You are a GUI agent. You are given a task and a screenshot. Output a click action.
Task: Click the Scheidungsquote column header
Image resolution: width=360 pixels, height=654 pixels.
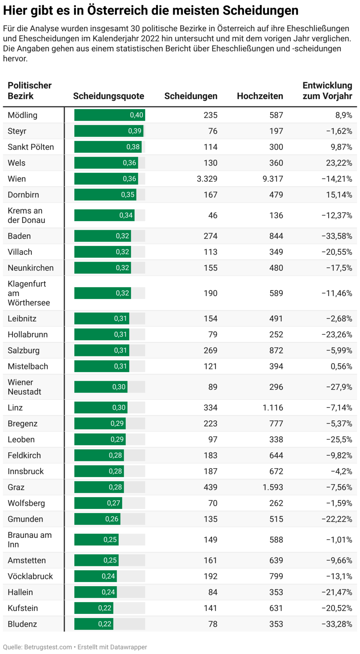pyautogui.click(x=108, y=96)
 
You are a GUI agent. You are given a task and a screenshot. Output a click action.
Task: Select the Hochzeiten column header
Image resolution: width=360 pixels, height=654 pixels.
pyautogui.click(x=260, y=96)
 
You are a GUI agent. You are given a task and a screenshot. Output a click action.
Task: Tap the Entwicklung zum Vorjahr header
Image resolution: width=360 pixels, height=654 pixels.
pyautogui.click(x=327, y=91)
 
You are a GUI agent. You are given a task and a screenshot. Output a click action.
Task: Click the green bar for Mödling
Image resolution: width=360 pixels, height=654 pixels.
pyautogui.click(x=109, y=115)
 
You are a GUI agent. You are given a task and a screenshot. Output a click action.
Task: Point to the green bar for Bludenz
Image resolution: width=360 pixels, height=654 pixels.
pyautogui.click(x=93, y=624)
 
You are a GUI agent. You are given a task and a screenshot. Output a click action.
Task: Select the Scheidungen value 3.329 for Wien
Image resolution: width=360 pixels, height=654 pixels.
pyautogui.click(x=207, y=179)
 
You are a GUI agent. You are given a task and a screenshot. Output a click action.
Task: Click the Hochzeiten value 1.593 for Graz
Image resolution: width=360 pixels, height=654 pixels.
pyautogui.click(x=273, y=487)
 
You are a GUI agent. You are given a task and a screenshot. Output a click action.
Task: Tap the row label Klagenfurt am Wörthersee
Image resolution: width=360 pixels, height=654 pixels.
pyautogui.click(x=28, y=293)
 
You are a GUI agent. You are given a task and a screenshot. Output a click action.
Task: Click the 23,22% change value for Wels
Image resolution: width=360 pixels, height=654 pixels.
pyautogui.click(x=339, y=163)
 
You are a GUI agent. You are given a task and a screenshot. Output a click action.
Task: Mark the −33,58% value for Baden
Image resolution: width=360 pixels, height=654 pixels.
pyautogui.click(x=337, y=236)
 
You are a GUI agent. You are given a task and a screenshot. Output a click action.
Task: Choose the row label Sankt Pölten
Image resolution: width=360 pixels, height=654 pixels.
pyautogui.click(x=31, y=147)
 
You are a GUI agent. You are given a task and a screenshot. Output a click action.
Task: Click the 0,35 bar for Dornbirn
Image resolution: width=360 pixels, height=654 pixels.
pyautogui.click(x=105, y=195)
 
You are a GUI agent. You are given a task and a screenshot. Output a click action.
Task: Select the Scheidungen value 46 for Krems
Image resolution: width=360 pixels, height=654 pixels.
pyautogui.click(x=213, y=216)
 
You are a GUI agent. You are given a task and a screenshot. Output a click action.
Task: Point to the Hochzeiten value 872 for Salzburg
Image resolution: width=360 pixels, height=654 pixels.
pyautogui.click(x=276, y=350)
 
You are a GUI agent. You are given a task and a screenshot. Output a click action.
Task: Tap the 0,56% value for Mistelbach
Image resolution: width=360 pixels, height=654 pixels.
pyautogui.click(x=341, y=366)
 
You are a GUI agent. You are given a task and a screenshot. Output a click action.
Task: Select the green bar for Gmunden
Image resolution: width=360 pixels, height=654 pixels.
pyautogui.click(x=97, y=519)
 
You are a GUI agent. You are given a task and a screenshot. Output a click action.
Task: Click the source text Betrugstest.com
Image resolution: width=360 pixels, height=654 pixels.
pyautogui.click(x=48, y=647)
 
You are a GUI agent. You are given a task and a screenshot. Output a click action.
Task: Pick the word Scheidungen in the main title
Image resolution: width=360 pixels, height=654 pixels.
pyautogui.click(x=260, y=10)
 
